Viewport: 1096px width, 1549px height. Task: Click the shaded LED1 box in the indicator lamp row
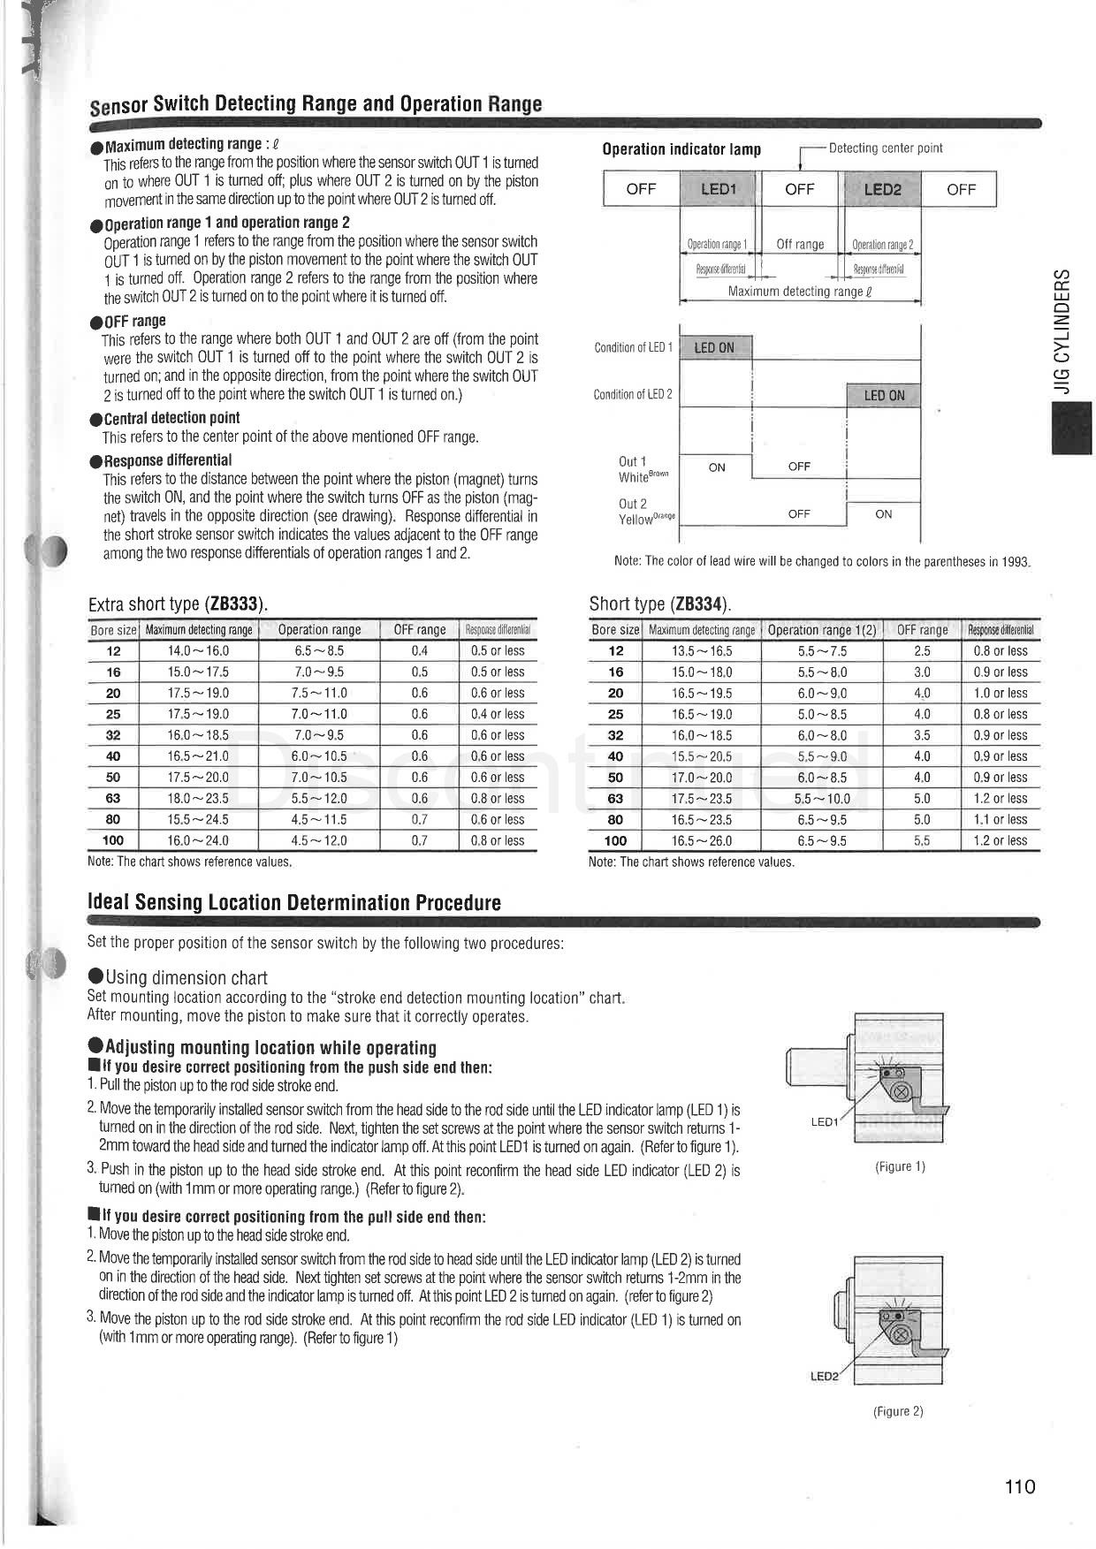[718, 189]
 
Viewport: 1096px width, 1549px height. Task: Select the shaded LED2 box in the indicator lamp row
[882, 189]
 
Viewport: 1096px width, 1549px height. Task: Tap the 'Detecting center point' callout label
[885, 148]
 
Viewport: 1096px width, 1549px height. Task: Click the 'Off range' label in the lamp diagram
[800, 245]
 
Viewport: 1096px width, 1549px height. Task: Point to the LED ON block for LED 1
[714, 347]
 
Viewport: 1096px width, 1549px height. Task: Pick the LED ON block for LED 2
[884, 395]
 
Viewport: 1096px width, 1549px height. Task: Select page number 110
[1019, 1486]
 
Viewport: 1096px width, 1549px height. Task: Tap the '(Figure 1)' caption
[900, 1166]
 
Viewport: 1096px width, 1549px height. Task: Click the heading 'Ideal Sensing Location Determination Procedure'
[294, 902]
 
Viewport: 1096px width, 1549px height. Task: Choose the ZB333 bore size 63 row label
[113, 798]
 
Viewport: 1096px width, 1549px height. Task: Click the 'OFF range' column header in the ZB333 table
[419, 630]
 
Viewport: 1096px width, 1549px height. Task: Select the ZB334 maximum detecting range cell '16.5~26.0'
[702, 840]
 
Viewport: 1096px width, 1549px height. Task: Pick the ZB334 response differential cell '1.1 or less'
[1001, 819]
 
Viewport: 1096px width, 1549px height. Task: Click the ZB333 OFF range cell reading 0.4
[419, 650]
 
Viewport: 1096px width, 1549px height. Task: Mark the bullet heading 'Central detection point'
[171, 418]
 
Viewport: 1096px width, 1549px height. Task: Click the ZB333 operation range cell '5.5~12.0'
[319, 798]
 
